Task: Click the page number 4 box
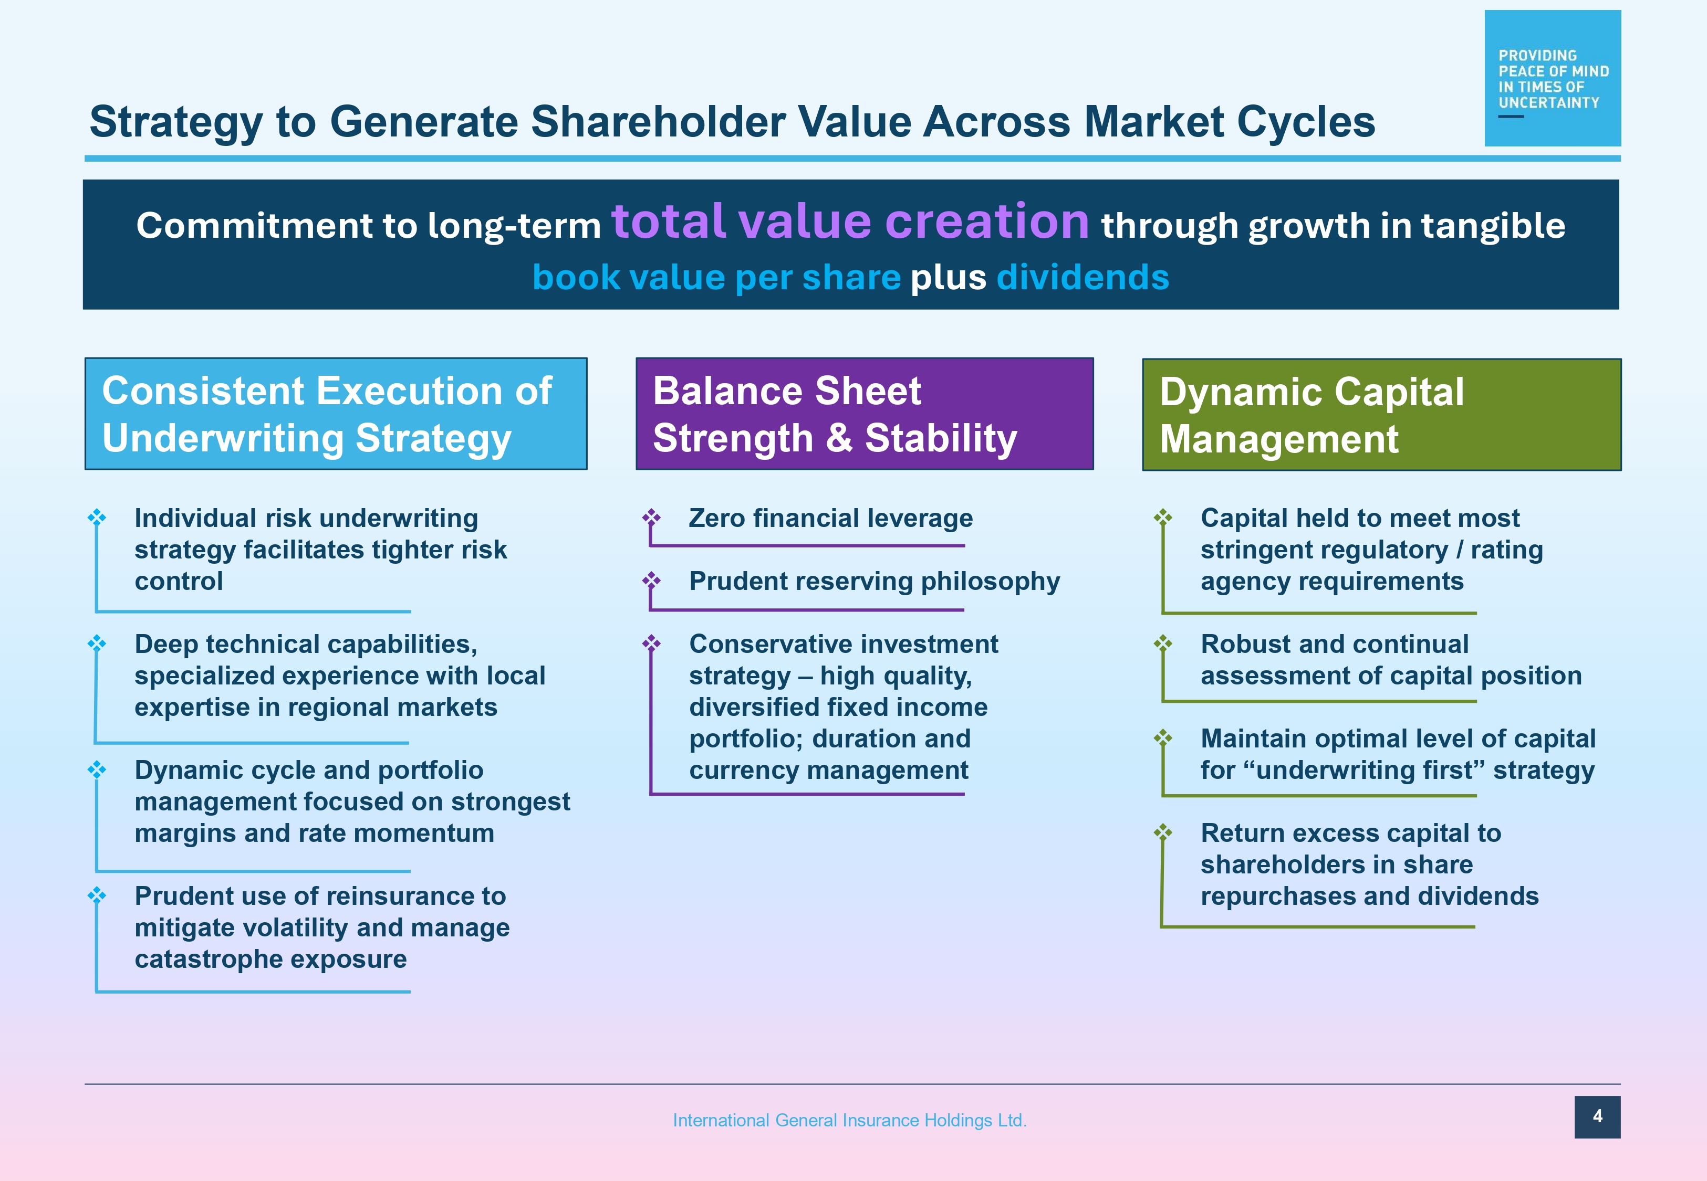tap(1597, 1116)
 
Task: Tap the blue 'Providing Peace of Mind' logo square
tap(1552, 78)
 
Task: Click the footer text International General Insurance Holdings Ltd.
tap(849, 1120)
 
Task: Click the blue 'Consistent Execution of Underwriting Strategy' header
tap(336, 414)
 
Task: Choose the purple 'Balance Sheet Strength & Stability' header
tap(865, 414)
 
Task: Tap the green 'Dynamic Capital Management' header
tap(1381, 414)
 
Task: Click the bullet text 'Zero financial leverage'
tap(830, 518)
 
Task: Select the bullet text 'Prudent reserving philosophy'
tap(874, 581)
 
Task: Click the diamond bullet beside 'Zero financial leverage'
tap(651, 516)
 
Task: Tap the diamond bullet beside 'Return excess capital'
tap(1163, 832)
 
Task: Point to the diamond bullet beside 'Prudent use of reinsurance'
tap(97, 895)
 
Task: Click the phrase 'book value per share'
tap(716, 278)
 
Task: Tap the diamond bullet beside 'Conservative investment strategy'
tap(651, 643)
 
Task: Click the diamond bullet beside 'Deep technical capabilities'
tap(97, 643)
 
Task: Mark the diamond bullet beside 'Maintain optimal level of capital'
tap(1163, 738)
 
